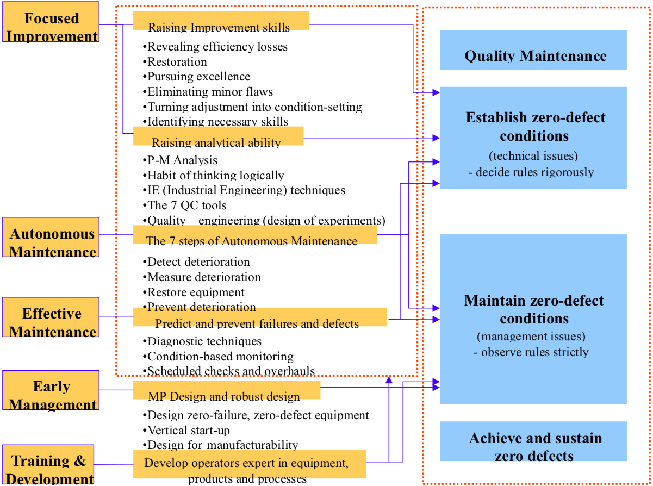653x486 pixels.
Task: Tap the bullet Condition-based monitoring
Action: tap(220, 357)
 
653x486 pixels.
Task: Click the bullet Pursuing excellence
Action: tap(198, 77)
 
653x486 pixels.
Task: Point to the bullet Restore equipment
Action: tap(196, 292)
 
